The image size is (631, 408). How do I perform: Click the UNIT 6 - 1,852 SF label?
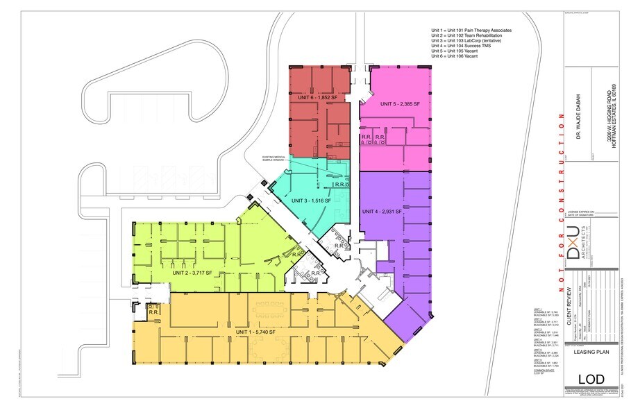[312, 98]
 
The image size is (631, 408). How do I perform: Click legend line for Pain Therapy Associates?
[471, 31]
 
